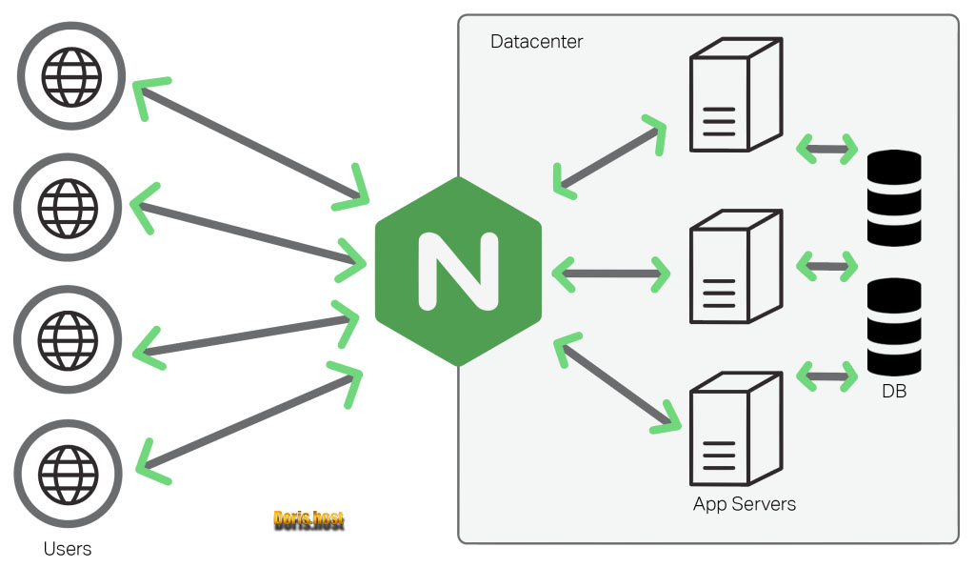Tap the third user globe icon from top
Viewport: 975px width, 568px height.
coord(68,338)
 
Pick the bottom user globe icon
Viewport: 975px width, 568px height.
coord(68,473)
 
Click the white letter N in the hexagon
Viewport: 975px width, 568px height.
coord(459,271)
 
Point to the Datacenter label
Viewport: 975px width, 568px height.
coord(536,42)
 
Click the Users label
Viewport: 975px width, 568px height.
coord(68,549)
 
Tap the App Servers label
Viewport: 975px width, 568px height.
coord(744,503)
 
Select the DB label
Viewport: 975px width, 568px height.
coord(894,391)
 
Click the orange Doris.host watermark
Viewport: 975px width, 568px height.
coord(308,519)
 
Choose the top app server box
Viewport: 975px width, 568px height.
coord(734,95)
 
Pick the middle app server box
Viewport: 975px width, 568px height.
coord(734,267)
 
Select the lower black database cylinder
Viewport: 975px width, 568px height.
coord(895,326)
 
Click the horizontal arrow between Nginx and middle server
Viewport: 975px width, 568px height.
coord(610,274)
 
